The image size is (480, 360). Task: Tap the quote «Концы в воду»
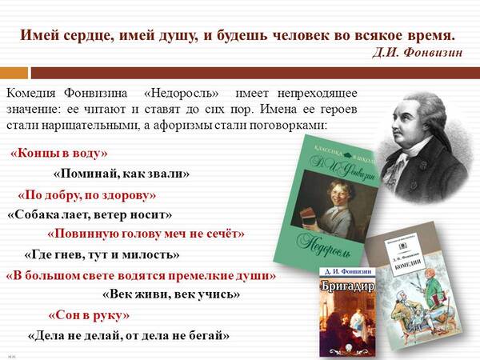59,154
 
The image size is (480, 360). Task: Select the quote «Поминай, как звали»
122,174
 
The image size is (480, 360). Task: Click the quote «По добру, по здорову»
86,195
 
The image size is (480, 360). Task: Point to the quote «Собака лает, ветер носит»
90,214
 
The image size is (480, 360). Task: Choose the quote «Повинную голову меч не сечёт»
146,234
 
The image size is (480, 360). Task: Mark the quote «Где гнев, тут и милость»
102,255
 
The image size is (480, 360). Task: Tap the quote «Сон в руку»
89,315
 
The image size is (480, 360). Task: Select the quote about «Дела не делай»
128,335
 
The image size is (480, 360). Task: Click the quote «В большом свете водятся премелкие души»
141,275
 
